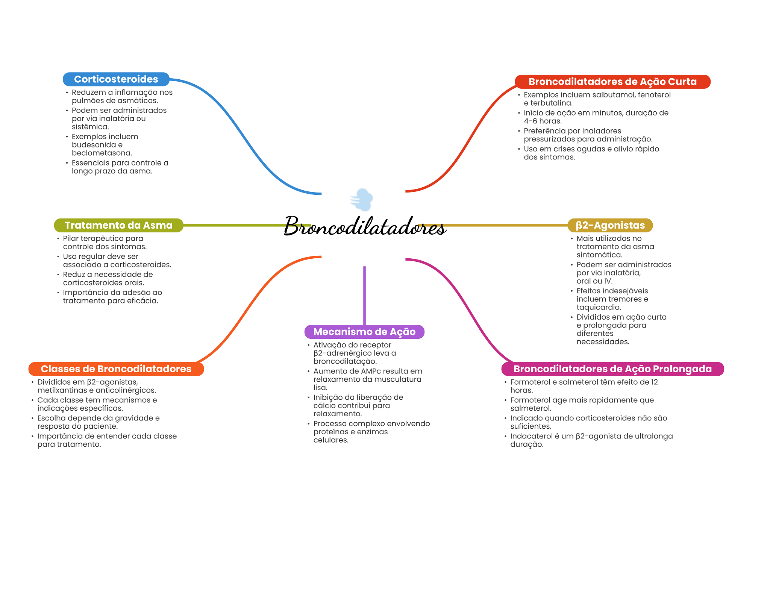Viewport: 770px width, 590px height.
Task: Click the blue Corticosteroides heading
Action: point(116,79)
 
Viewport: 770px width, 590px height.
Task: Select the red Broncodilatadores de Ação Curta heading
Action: point(612,82)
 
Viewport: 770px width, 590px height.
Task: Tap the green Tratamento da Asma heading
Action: point(118,225)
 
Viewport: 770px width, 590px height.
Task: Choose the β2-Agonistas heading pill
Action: point(610,225)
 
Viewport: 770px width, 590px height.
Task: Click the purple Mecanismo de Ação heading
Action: point(364,332)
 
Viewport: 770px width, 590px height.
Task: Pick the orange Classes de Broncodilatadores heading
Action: point(116,369)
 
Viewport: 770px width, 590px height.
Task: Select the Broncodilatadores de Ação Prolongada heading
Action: point(612,369)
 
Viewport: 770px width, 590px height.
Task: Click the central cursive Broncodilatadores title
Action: point(365,226)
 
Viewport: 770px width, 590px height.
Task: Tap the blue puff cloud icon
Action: point(362,200)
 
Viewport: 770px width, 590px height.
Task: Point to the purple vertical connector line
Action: point(364,295)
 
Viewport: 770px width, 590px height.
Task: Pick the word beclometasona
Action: point(102,153)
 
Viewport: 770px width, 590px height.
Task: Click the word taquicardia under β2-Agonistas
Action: point(598,307)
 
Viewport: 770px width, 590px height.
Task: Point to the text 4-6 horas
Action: point(543,121)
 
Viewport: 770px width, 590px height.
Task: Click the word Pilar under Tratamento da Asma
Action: point(71,238)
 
